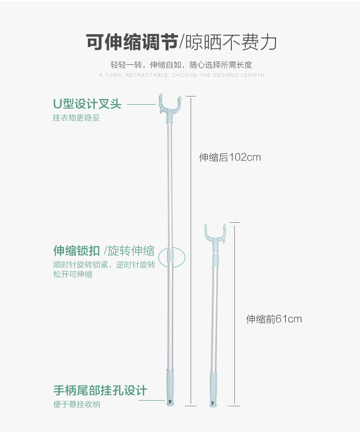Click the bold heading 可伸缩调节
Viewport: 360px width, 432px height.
coord(132,43)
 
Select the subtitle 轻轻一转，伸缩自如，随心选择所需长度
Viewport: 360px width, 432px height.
coord(181,65)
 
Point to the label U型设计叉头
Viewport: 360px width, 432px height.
coord(87,104)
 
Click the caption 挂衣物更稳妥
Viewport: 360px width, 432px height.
coord(76,118)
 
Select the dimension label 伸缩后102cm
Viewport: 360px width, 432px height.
coord(230,157)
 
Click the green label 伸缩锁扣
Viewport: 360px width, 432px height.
coord(77,251)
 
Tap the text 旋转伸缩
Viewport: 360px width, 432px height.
coord(131,251)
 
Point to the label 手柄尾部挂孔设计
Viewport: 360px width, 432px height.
coord(100,391)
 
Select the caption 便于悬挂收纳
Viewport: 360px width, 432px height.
coord(76,405)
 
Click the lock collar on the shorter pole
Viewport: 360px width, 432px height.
coord(216,261)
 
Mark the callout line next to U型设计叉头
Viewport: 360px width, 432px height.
coord(141,104)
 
